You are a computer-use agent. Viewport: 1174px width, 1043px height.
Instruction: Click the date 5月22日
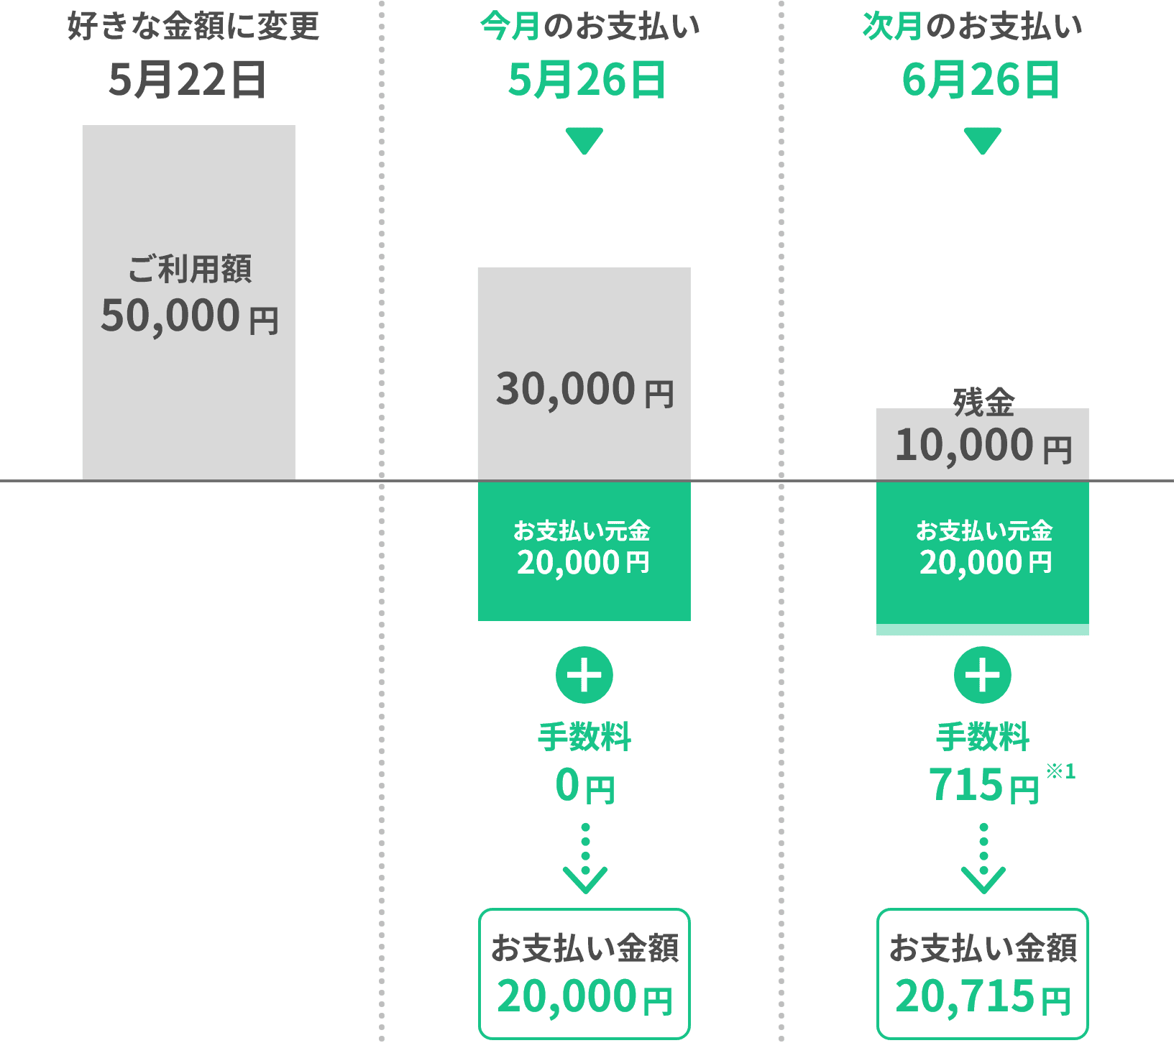pos(188,80)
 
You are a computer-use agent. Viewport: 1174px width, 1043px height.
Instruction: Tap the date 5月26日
pos(586,80)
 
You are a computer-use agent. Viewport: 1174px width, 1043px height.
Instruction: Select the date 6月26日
pos(981,80)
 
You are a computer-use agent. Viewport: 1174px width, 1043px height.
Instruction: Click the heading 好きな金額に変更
pos(193,27)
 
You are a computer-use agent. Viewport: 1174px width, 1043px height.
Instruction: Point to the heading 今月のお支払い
pos(590,27)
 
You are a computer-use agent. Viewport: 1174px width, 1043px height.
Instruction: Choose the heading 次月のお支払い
pos(972,27)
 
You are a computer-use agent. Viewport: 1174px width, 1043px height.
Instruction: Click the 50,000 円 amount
pos(189,316)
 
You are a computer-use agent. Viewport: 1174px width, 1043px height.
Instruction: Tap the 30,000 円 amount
pos(584,390)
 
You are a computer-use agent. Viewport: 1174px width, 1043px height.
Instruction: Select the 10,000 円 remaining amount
pos(983,446)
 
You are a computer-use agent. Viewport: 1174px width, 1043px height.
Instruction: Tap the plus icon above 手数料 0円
pos(584,675)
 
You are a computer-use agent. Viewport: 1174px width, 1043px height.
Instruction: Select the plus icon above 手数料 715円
pos(983,675)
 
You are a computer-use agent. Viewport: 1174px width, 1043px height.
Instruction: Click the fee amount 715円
pos(983,785)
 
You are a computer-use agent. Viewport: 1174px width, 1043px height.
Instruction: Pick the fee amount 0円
pos(584,785)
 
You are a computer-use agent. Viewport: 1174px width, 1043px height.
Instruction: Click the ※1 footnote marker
pos(1060,771)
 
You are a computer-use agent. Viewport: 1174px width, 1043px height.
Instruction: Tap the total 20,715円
pos(983,997)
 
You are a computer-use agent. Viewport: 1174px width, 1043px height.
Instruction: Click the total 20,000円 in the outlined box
pos(584,997)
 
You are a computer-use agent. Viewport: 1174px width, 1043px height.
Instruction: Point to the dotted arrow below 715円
pos(983,859)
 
